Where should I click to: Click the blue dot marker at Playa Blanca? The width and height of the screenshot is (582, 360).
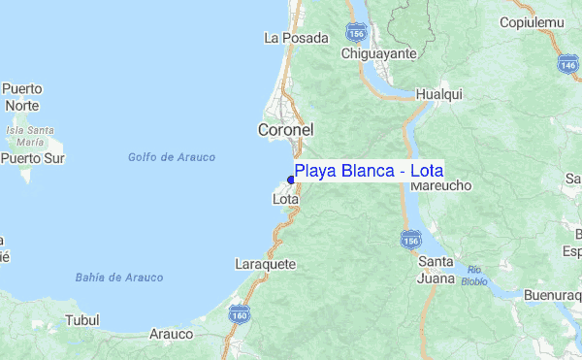(x=291, y=180)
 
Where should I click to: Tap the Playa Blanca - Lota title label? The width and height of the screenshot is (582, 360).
(x=369, y=172)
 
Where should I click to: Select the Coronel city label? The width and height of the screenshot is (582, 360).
(x=285, y=129)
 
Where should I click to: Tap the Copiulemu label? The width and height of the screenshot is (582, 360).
(x=533, y=21)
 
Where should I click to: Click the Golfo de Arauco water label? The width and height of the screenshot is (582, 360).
(x=172, y=157)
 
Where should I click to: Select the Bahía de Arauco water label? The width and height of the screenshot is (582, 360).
(x=119, y=278)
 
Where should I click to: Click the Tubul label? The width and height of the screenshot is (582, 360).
(x=81, y=319)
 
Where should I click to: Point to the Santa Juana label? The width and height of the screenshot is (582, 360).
(x=436, y=270)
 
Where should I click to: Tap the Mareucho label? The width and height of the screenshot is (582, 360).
(x=447, y=184)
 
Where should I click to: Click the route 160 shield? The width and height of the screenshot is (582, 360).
(x=239, y=313)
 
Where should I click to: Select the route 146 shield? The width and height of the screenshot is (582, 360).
(x=568, y=64)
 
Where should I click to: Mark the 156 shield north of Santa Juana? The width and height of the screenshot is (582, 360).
(x=411, y=239)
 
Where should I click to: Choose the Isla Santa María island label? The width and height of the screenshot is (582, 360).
(x=29, y=134)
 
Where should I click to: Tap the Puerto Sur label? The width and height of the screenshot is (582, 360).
(x=32, y=157)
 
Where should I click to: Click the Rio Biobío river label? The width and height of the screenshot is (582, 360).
(x=474, y=276)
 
